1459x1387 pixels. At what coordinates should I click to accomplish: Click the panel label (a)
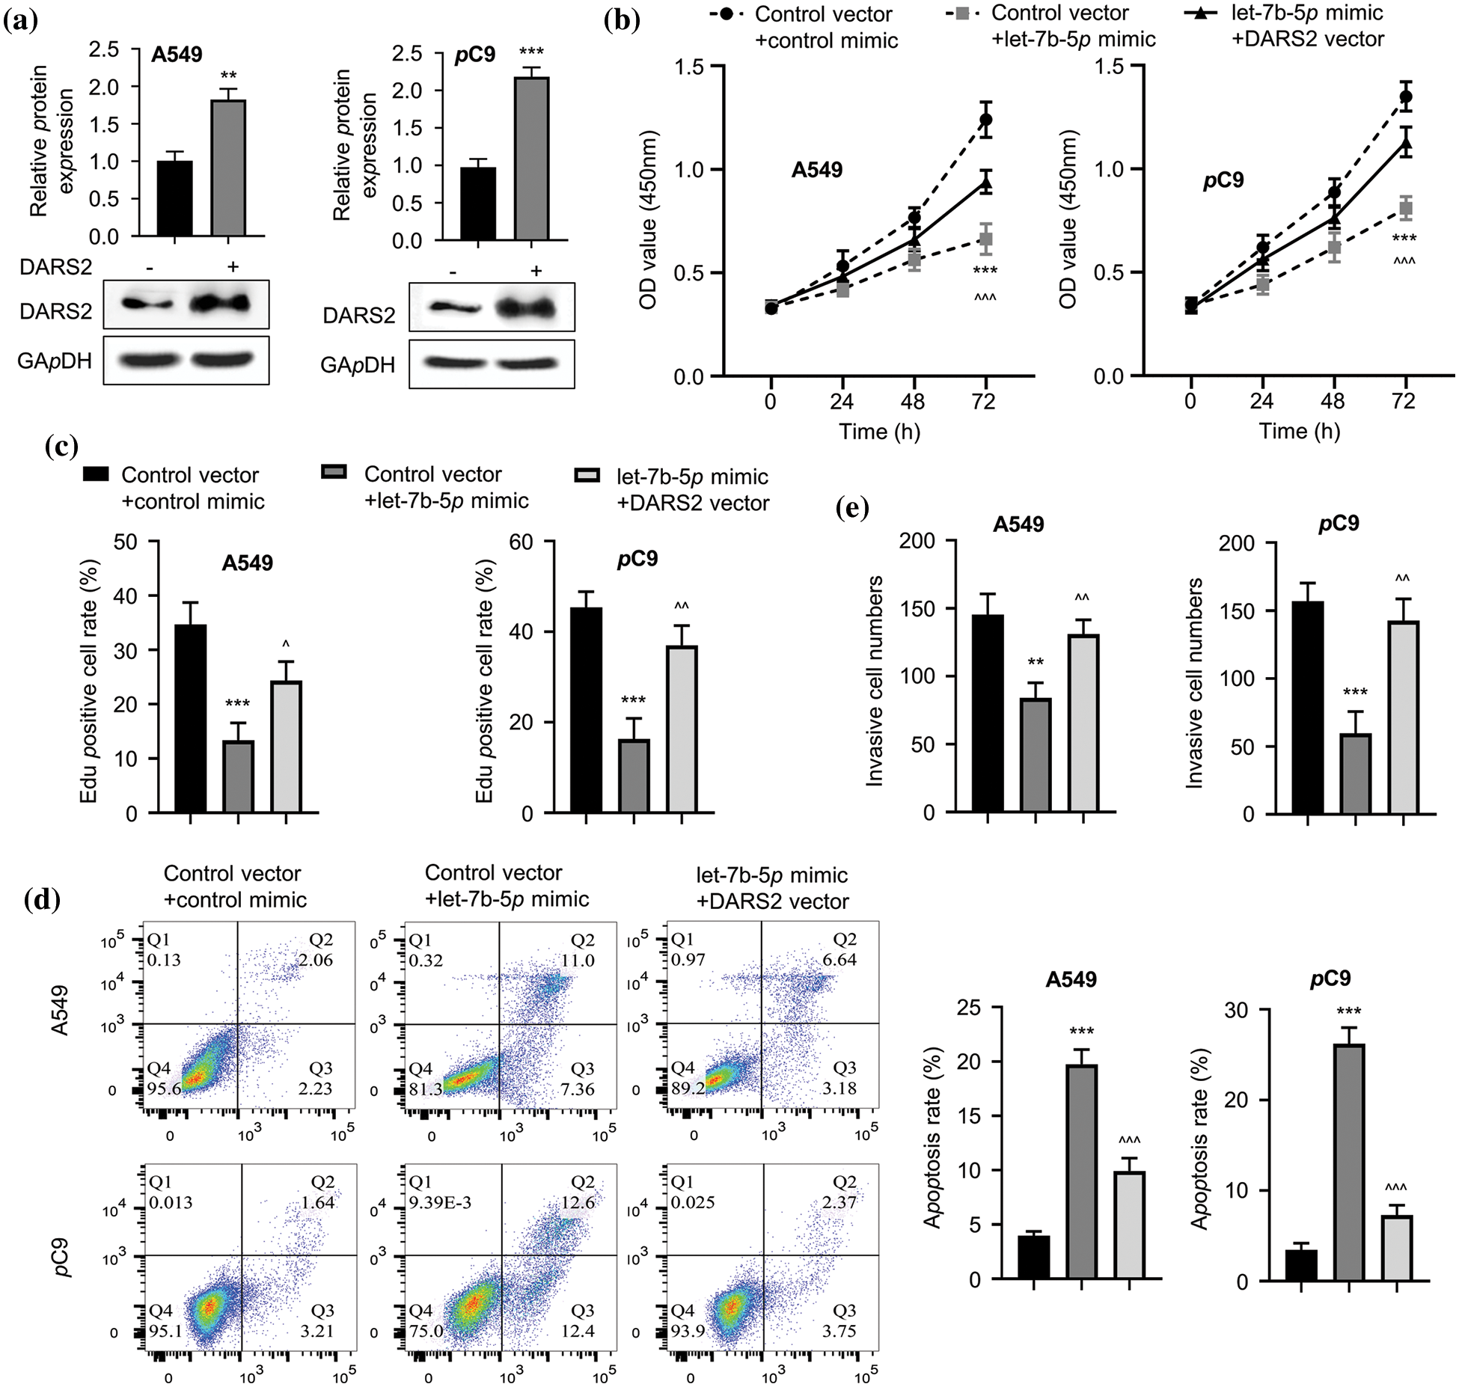coord(21,20)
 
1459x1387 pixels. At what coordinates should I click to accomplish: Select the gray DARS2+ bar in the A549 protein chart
coord(228,168)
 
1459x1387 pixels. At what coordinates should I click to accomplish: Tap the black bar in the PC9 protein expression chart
coord(477,203)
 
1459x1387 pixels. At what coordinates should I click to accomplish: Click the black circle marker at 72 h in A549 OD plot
coord(985,120)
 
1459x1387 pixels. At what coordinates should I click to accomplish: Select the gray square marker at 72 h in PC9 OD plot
coord(1405,209)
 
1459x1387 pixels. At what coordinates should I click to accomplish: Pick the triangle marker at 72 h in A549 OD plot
coord(985,183)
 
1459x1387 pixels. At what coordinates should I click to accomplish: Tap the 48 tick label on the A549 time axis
coord(913,402)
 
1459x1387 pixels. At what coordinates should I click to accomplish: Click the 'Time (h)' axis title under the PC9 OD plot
coord(1299,431)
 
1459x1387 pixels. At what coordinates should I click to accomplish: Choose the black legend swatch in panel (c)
coord(96,474)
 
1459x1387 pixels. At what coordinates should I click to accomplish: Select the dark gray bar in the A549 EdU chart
coord(238,776)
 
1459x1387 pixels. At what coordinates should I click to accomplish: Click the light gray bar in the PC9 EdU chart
coord(682,729)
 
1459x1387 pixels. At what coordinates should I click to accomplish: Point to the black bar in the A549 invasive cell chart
coord(988,713)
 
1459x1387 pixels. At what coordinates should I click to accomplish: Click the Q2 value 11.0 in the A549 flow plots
coord(578,960)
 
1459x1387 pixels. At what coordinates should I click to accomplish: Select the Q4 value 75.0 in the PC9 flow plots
coord(426,1331)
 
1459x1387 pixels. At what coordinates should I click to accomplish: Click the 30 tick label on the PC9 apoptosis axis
coord(1237,1011)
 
